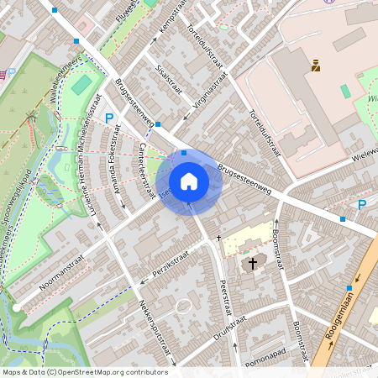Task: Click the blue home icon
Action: [x=189, y=181]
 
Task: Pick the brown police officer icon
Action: [x=316, y=65]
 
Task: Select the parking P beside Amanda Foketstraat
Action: [x=108, y=120]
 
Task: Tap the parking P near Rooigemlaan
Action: [x=362, y=205]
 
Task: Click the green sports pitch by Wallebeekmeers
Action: [x=81, y=85]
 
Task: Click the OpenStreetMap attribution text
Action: [x=84, y=372]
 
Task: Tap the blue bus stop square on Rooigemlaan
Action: [x=349, y=288]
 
